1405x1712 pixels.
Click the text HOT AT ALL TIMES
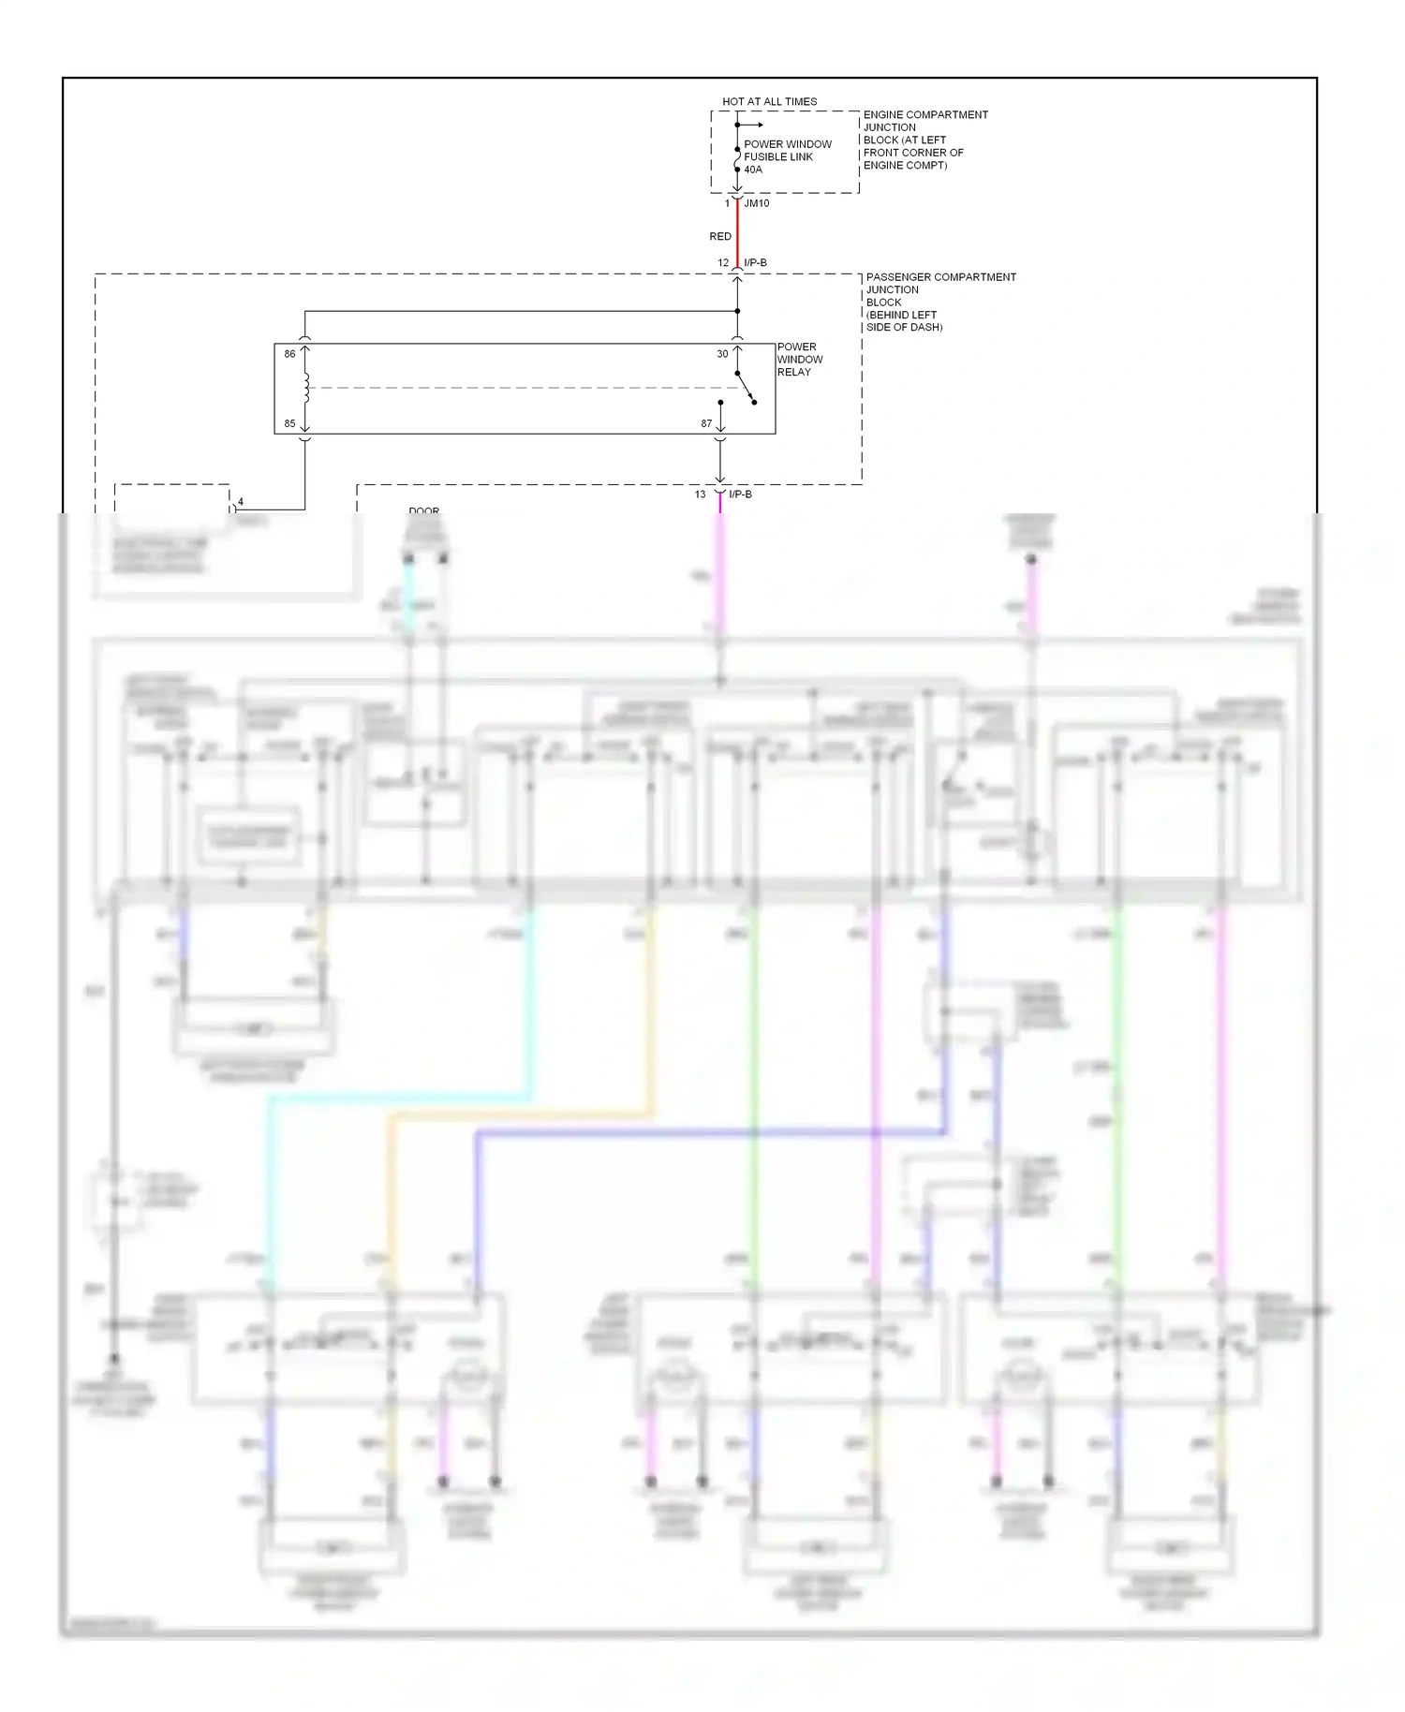[x=769, y=101]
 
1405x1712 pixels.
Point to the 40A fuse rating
[x=753, y=170]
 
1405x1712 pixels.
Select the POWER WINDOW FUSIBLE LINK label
[x=787, y=150]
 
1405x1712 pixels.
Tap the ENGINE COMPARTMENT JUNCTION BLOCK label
[x=924, y=140]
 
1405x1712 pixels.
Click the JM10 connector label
[x=757, y=203]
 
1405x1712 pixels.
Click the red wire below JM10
[x=737, y=234]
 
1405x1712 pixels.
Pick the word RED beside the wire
[x=719, y=236]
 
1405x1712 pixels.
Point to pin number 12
[x=723, y=262]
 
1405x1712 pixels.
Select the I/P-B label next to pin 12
[x=755, y=262]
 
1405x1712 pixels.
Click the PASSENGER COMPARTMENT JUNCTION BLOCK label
[x=939, y=302]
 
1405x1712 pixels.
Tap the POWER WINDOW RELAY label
[x=799, y=359]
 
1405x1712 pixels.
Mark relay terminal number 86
[x=289, y=354]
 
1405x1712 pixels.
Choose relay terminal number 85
[x=289, y=423]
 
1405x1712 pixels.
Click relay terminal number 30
[x=722, y=354]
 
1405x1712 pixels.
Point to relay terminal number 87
[x=706, y=423]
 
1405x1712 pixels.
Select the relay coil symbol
[x=305, y=388]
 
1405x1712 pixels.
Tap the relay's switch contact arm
[x=746, y=388]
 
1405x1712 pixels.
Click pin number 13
[x=700, y=494]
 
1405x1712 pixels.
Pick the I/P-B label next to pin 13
[x=740, y=494]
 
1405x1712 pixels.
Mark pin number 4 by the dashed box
[x=241, y=502]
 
